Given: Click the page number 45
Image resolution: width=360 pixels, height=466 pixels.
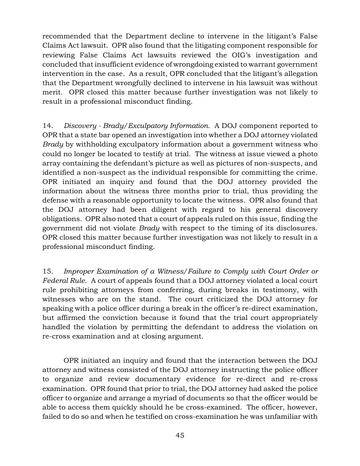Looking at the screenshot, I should click(180, 435).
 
